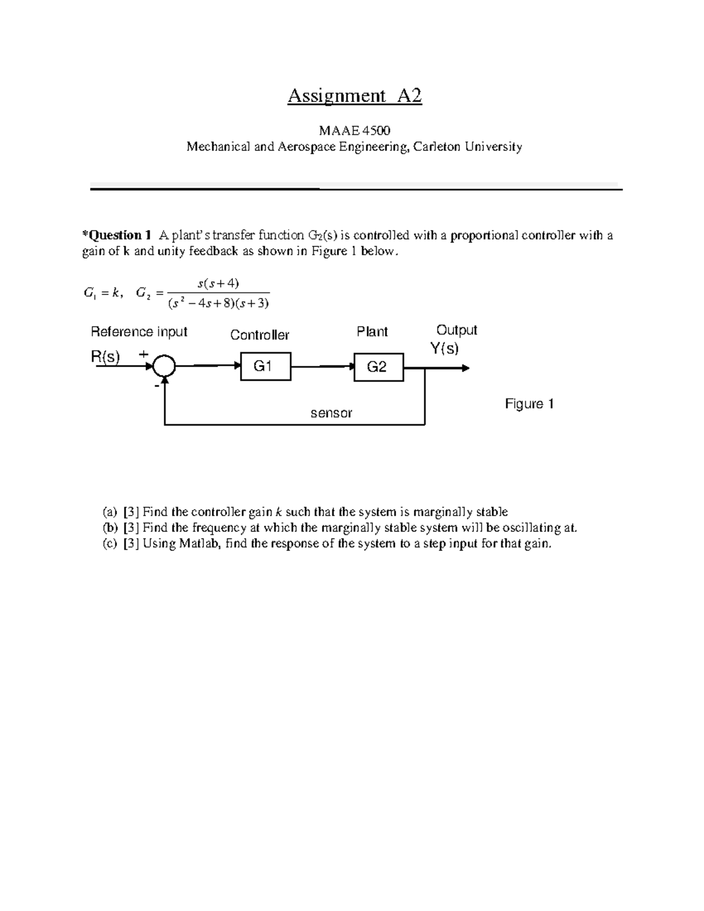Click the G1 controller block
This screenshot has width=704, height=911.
pyautogui.click(x=266, y=367)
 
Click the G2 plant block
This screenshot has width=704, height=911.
pyautogui.click(x=378, y=367)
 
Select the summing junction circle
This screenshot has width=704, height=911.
pyautogui.click(x=164, y=367)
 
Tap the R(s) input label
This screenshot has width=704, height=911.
pyautogui.click(x=106, y=357)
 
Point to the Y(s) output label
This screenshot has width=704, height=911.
pyautogui.click(x=444, y=348)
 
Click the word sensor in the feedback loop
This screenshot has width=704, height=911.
pyautogui.click(x=331, y=413)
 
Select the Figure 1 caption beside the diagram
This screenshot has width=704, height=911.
pyautogui.click(x=529, y=404)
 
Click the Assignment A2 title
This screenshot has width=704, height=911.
pyautogui.click(x=354, y=96)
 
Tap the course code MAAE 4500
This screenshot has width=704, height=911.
pyautogui.click(x=354, y=130)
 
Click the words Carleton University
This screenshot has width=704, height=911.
pyautogui.click(x=467, y=147)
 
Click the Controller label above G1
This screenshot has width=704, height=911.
pyautogui.click(x=259, y=335)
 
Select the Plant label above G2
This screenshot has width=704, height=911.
pyautogui.click(x=372, y=332)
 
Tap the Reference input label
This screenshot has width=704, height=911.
pyautogui.click(x=139, y=332)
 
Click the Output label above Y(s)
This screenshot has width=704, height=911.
pyautogui.click(x=456, y=330)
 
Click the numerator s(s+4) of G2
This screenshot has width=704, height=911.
pyautogui.click(x=218, y=284)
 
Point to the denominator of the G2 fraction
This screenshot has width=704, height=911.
pyautogui.click(x=218, y=303)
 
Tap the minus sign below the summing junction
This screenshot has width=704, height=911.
pyautogui.click(x=157, y=387)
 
